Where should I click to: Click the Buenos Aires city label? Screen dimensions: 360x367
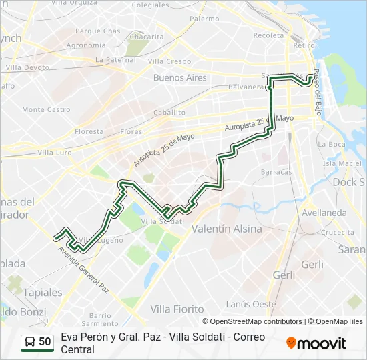point(179,78)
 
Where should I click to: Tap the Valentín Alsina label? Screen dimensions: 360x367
point(224,228)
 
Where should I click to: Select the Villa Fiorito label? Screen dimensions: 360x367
point(177,309)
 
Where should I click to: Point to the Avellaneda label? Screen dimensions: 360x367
point(324,213)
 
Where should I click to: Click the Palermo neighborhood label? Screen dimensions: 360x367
point(204,19)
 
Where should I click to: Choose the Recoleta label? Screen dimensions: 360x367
point(268,35)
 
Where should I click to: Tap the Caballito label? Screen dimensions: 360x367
point(169,113)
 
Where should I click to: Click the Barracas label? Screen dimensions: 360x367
point(276,172)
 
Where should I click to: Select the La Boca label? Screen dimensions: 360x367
point(331,144)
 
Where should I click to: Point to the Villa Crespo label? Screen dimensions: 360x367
point(169,61)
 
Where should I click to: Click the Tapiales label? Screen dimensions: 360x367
point(43,292)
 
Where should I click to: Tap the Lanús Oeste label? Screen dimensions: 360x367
point(252,304)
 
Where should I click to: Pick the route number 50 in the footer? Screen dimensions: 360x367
point(45,342)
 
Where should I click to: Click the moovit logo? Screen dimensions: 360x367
point(316,343)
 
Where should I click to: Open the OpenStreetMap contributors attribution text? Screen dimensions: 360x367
point(256,321)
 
